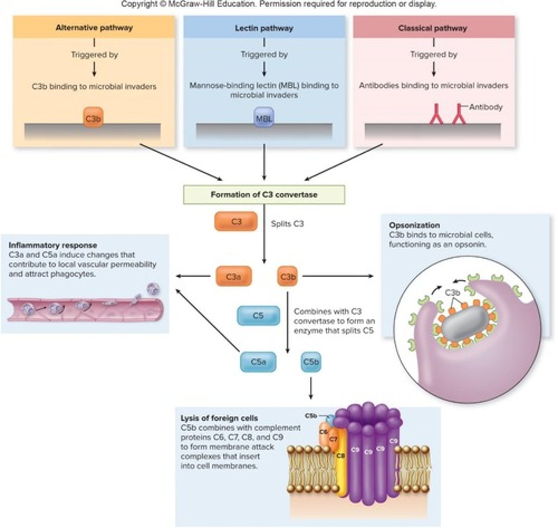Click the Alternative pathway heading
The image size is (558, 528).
click(x=94, y=28)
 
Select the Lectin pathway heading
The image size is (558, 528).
click(x=264, y=28)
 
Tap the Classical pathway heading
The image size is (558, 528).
click(x=432, y=28)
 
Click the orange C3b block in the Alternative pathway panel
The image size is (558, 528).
click(x=93, y=118)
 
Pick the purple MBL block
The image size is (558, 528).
click(x=264, y=118)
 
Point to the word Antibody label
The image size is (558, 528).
click(x=485, y=107)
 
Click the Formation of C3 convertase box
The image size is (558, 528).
click(x=264, y=194)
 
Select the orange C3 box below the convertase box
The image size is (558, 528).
click(x=236, y=222)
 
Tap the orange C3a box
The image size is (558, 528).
click(x=234, y=277)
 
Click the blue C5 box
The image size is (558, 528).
click(x=258, y=315)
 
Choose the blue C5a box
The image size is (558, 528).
click(x=258, y=362)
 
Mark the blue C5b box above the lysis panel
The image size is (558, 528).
click(x=311, y=362)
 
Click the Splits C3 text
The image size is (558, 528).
click(x=287, y=224)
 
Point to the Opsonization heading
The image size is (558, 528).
click(x=414, y=225)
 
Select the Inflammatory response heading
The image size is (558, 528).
click(x=53, y=245)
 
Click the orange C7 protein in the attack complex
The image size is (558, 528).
click(x=333, y=440)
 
